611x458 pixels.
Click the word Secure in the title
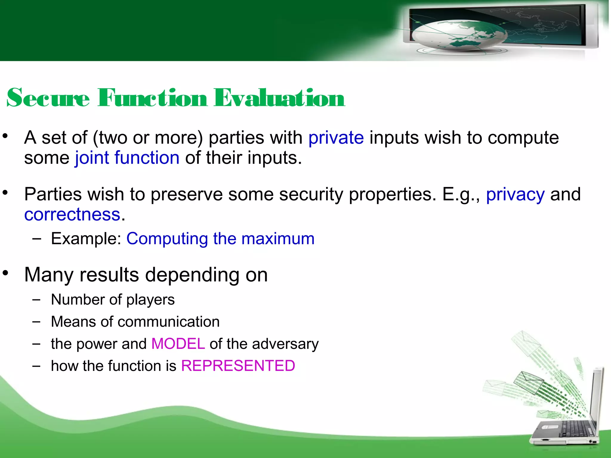point(48,98)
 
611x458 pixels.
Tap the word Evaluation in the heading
point(279,98)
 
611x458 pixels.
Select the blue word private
point(336,138)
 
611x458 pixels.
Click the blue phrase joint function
point(127,158)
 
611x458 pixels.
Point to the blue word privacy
point(515,195)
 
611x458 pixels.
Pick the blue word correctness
point(72,214)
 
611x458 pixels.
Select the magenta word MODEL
point(178,344)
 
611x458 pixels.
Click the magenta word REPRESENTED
point(238,366)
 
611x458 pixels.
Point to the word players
point(150,300)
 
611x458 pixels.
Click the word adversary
point(285,344)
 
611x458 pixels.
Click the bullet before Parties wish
point(5,193)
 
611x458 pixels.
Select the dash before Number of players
point(36,300)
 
